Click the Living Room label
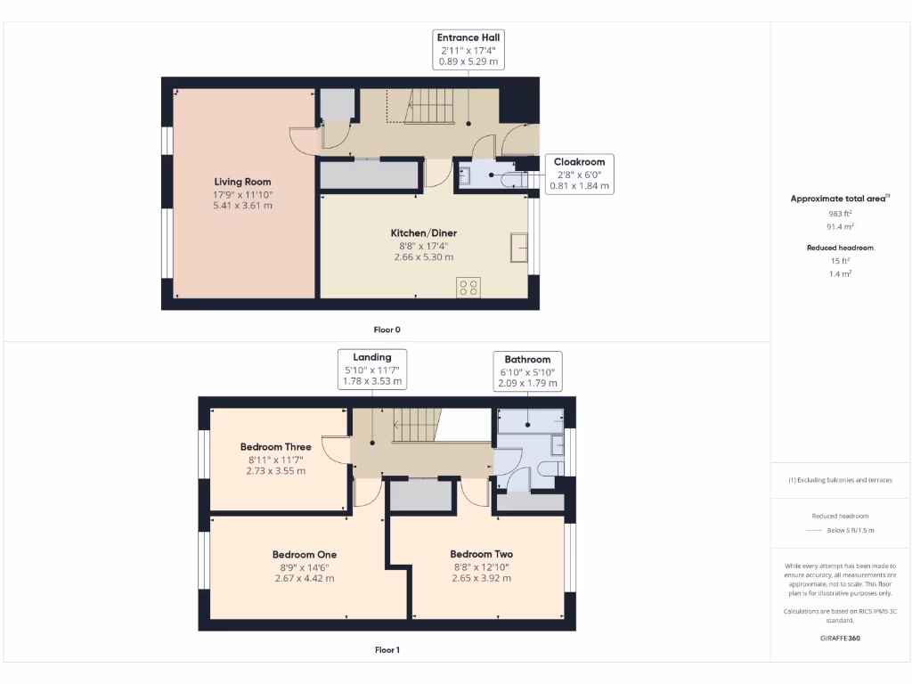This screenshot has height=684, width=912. pos(242,182)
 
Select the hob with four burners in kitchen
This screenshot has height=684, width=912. pos(468,287)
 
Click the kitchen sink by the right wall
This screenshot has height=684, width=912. pos(519,247)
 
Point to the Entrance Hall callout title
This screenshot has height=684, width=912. pos(468,37)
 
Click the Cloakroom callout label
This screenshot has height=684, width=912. pos(579,162)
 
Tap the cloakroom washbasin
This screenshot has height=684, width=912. pos(466,176)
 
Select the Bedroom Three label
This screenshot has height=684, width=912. pos(275,447)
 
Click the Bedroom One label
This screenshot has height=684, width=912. pos(304,554)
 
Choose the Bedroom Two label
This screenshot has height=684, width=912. pos(481,554)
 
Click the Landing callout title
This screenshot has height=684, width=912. pos(371,357)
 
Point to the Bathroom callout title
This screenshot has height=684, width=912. pos(528,360)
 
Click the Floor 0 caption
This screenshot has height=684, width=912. pos(387,330)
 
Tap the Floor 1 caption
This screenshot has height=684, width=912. pos(387,650)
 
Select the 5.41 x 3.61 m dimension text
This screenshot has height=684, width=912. pos(242,206)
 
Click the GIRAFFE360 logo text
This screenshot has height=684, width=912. pos(841,638)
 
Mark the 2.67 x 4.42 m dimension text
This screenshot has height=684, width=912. pos(304,578)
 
